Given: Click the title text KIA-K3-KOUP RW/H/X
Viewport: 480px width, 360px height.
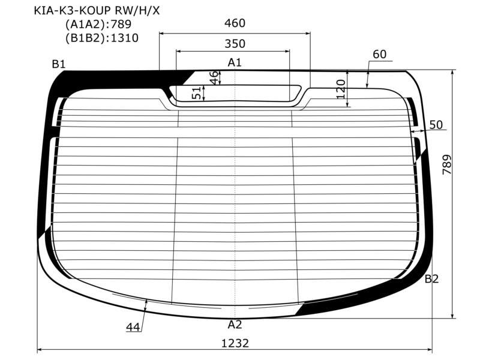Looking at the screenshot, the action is [x=97, y=11].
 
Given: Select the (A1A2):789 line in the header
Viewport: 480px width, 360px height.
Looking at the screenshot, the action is [x=98, y=24].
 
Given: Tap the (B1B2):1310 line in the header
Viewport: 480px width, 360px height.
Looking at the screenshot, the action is [x=102, y=38].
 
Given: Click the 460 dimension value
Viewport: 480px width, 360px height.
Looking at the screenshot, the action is [x=235, y=23].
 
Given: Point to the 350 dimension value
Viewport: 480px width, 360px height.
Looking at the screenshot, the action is [x=235, y=44].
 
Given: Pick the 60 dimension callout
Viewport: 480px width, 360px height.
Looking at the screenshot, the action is [x=380, y=54].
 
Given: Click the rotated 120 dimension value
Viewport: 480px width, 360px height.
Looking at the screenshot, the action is [x=341, y=89].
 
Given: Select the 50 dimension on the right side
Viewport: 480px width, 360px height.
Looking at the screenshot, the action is [x=436, y=125].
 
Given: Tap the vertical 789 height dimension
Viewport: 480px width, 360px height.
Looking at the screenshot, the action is [x=447, y=164].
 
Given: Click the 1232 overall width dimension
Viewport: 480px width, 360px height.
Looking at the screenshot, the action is [x=235, y=343].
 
